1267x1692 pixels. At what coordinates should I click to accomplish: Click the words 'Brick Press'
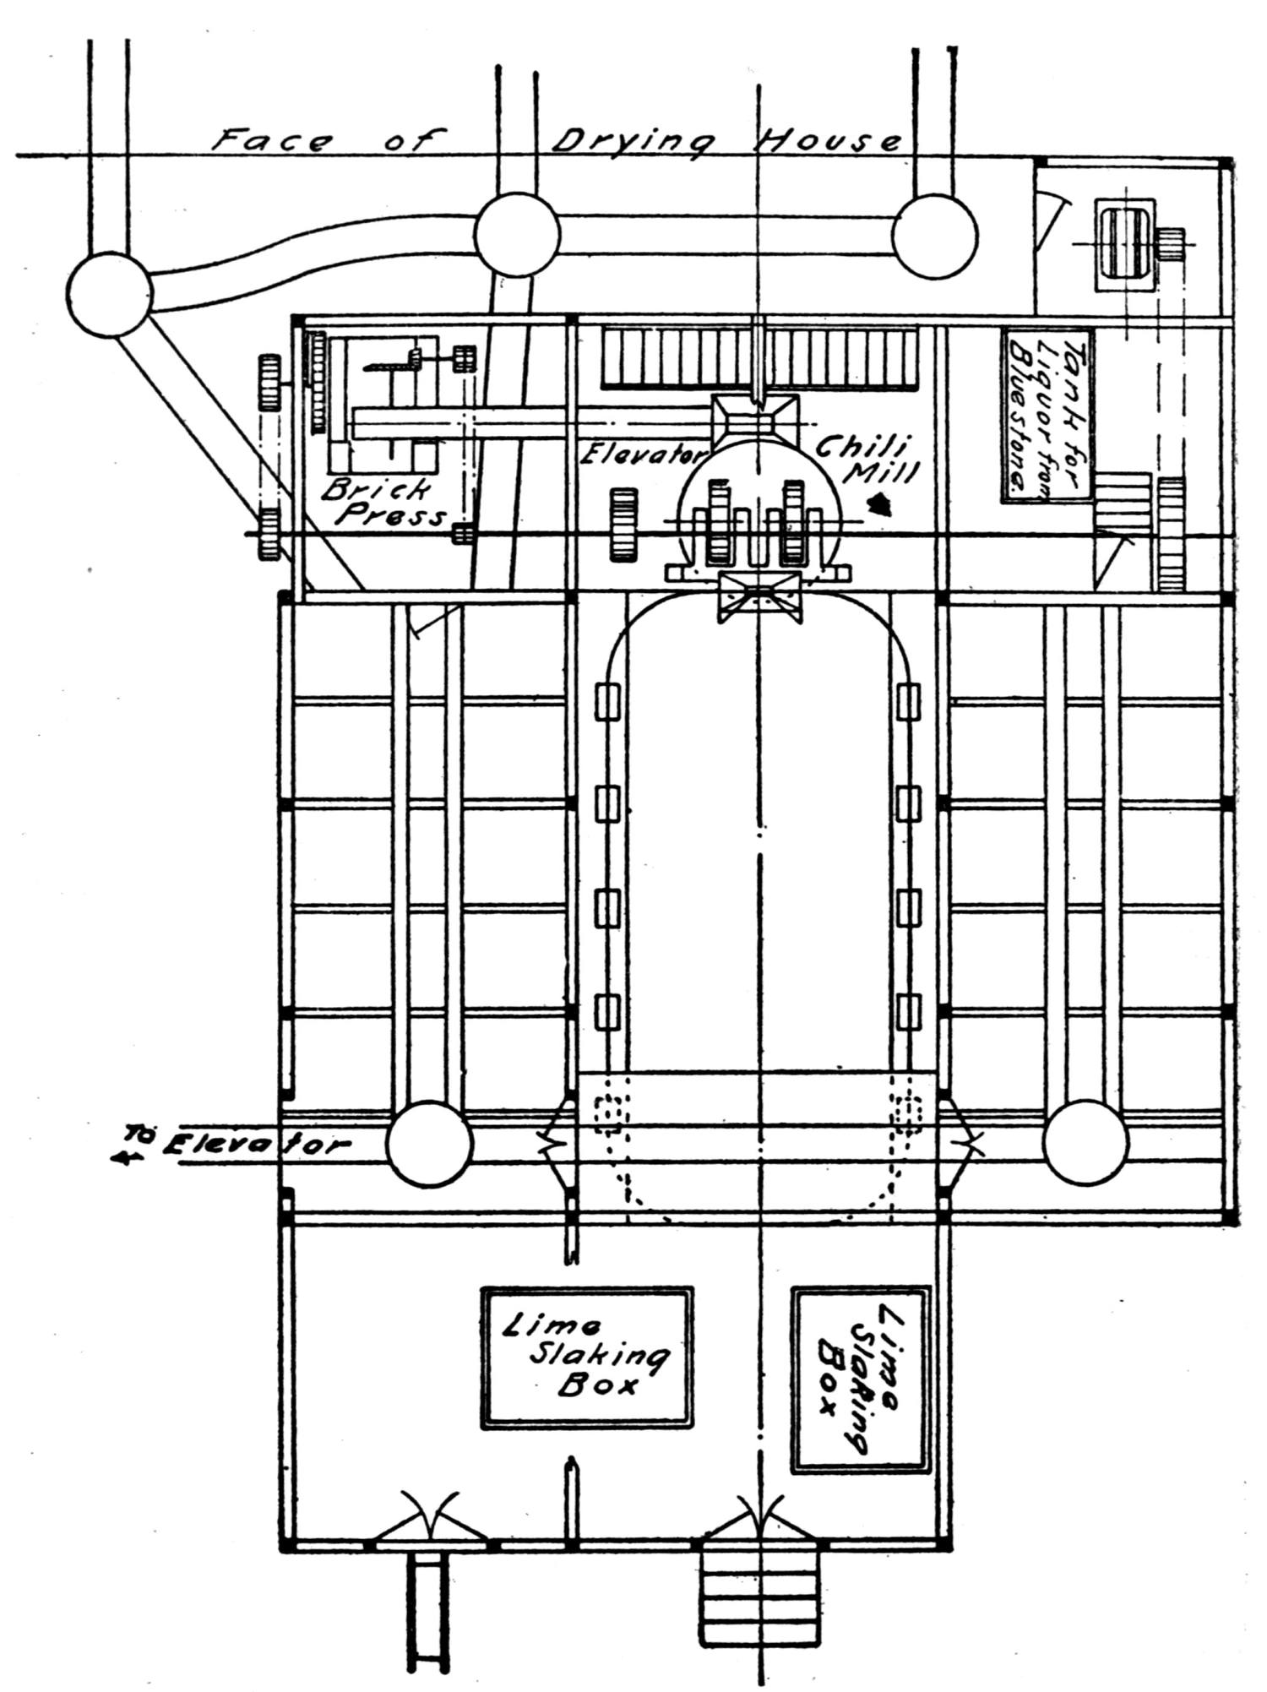[x=385, y=502]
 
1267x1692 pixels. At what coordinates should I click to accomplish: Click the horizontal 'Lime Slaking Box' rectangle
[x=586, y=1357]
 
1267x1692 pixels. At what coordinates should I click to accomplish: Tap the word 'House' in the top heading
[x=826, y=140]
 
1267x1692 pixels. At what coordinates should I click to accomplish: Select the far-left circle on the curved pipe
[x=111, y=293]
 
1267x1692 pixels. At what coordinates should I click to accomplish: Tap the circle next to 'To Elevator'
[x=429, y=1144]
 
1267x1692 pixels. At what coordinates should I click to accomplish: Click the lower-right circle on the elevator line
[x=1085, y=1144]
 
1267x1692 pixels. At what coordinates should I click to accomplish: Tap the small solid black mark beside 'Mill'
[x=882, y=505]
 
